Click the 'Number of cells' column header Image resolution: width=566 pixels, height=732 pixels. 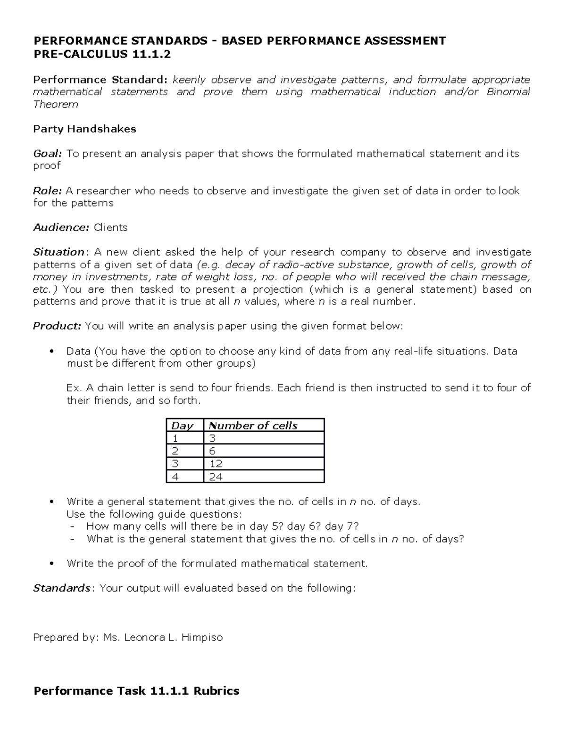click(253, 426)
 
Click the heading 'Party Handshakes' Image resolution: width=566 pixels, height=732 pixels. click(84, 129)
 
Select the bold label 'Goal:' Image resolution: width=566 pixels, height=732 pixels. click(47, 154)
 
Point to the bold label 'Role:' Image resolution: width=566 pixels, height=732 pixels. click(47, 191)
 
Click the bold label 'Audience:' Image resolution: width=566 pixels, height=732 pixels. click(61, 228)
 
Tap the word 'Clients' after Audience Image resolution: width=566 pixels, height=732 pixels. click(111, 228)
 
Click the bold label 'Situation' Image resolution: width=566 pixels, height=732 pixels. click(58, 252)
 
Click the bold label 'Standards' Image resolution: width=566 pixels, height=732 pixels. click(61, 588)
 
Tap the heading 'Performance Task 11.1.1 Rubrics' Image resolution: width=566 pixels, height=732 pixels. click(136, 691)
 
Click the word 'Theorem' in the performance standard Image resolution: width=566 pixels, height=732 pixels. click(56, 104)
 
